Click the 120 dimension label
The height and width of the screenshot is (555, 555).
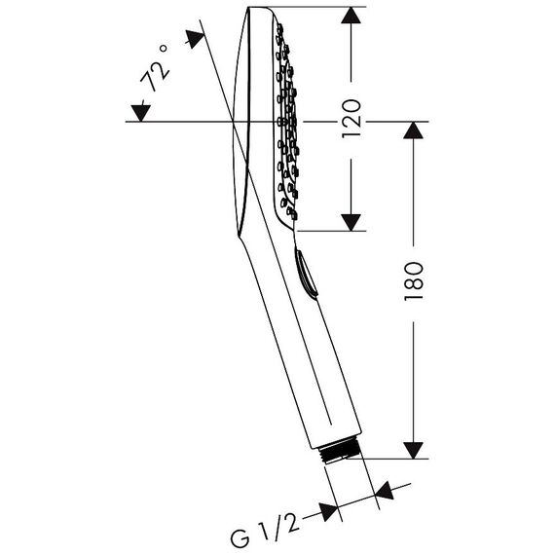[x=351, y=118]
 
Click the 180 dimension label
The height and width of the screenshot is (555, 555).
[x=414, y=281]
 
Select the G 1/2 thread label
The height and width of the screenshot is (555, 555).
[x=265, y=528]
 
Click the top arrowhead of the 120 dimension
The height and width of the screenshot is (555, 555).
[x=351, y=16]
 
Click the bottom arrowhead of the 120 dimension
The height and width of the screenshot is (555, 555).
[x=351, y=222]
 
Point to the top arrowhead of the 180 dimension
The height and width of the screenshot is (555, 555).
[x=413, y=129]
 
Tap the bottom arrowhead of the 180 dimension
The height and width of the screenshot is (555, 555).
[x=413, y=450]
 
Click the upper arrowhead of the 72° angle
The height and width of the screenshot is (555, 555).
[x=195, y=39]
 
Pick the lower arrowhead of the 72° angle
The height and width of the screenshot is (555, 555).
[x=141, y=113]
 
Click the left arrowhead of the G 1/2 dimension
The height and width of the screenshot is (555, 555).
[x=328, y=511]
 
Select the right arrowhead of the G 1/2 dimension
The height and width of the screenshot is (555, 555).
[x=385, y=491]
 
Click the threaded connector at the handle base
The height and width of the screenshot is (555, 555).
[x=339, y=451]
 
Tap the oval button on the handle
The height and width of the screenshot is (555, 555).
[x=305, y=273]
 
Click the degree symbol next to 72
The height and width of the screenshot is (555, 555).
[x=164, y=48]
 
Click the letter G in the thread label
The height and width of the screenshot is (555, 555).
[x=240, y=538]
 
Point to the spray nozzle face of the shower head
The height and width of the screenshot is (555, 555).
[x=287, y=121]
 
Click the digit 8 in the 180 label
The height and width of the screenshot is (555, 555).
[x=414, y=281]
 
